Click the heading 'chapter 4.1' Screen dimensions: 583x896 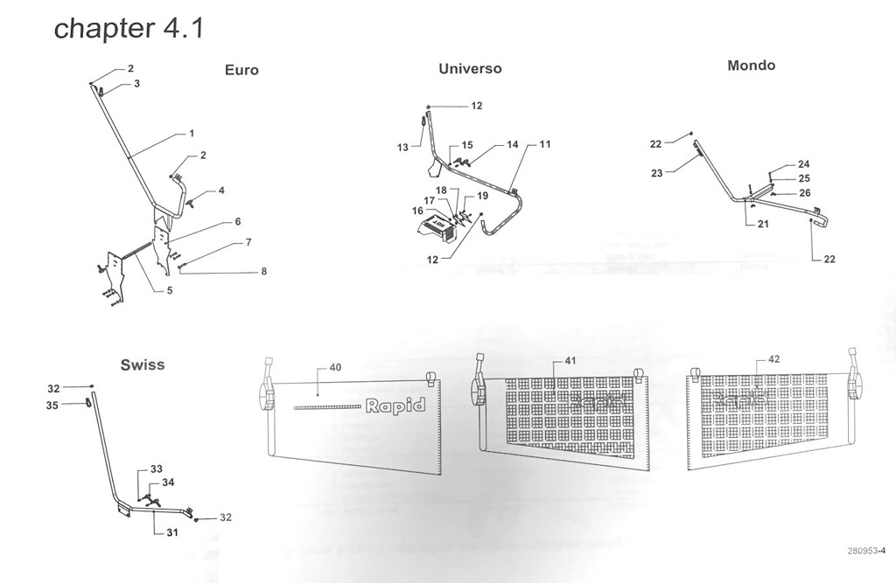coord(129,28)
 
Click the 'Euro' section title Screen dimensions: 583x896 coord(241,70)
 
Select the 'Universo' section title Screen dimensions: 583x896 coord(470,68)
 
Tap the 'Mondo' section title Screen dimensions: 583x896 coord(751,66)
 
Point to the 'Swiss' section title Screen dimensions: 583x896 coord(142,364)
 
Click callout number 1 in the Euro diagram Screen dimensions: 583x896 coord(191,134)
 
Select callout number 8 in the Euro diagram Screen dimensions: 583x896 coord(263,272)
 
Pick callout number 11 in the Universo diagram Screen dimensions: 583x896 coord(544,143)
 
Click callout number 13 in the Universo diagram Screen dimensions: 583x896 coord(402,148)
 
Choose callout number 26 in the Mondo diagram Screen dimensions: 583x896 coord(804,193)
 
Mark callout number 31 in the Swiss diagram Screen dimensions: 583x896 coord(172,532)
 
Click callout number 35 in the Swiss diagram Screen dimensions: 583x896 coord(52,405)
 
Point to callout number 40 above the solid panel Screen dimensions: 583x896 coord(334,367)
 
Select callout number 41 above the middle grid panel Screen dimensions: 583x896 coord(570,360)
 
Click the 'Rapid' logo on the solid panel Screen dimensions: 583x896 coord(395,406)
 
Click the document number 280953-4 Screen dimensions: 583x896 coord(866,551)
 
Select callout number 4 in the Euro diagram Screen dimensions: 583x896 coord(221,190)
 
